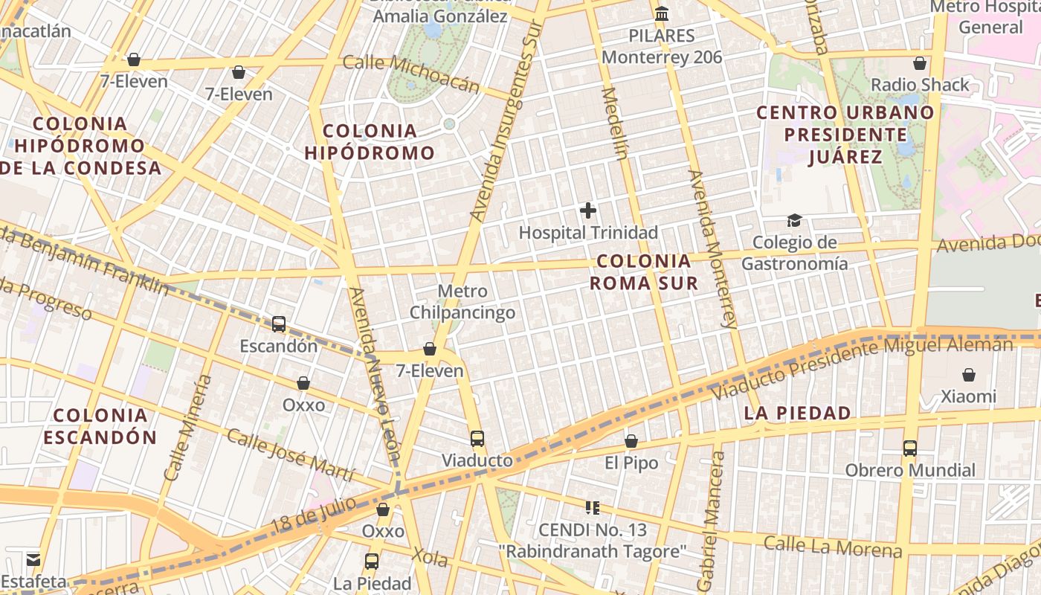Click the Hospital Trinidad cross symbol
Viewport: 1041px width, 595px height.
[x=588, y=210]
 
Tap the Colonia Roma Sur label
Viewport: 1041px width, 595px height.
[x=644, y=272]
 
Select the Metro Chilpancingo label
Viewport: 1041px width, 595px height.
[x=463, y=301]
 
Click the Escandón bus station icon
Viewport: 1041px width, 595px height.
[x=279, y=324]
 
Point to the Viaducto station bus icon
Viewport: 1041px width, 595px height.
[x=477, y=439]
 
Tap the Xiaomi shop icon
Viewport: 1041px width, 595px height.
[x=969, y=375]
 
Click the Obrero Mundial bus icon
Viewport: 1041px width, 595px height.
[x=910, y=448]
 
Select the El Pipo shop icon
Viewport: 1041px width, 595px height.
[x=631, y=441]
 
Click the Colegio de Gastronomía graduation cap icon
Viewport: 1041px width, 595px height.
[x=794, y=221]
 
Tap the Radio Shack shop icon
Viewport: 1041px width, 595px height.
[x=920, y=63]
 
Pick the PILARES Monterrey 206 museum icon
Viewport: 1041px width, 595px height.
[x=662, y=13]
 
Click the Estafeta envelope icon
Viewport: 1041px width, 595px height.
[x=33, y=559]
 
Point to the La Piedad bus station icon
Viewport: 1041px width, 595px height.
[x=372, y=562]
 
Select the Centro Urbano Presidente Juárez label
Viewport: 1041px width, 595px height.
[x=845, y=135]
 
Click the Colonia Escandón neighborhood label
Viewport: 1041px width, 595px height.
[x=100, y=426]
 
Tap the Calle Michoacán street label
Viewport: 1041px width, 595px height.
[x=411, y=72]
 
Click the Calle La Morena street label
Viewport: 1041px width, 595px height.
[x=833, y=547]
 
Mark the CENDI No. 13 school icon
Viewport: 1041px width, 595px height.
[x=593, y=508]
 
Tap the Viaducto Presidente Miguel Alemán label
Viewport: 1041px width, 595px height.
[x=863, y=364]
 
